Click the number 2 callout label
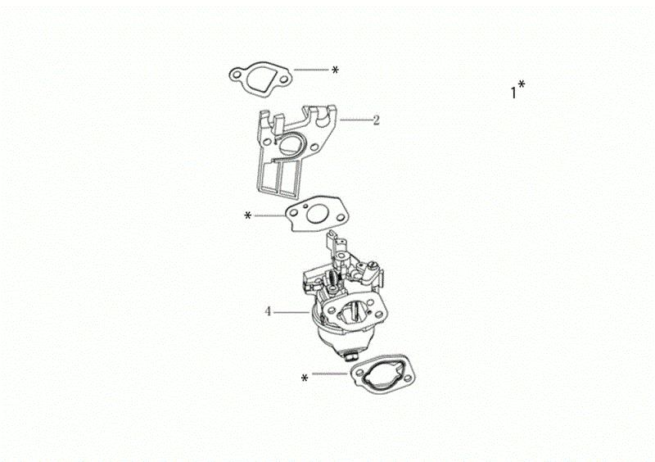pos(376,120)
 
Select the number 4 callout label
pos(268,311)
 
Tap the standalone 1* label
pos(517,89)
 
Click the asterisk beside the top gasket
pos(335,70)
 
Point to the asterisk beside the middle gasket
pos(248,215)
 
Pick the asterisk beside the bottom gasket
pos(305,378)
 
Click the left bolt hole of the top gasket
pos(237,75)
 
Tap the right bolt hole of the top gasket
pos(283,79)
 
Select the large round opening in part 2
pos(289,144)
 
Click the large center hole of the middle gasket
pos(317,215)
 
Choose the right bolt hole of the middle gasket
pos(340,217)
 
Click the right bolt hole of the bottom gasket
pos(406,379)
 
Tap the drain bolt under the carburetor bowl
pos(350,356)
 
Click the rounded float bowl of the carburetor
pos(334,337)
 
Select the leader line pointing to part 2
pos(356,120)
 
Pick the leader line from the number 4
pos(291,312)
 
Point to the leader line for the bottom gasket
pos(331,374)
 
